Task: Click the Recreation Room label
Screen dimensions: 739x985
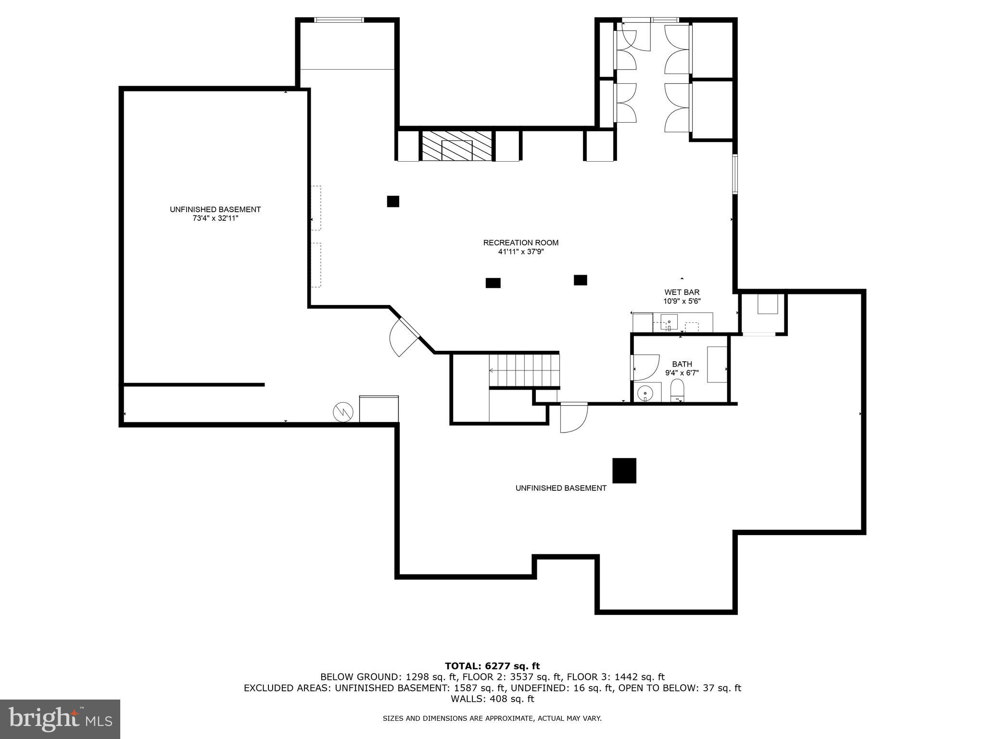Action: (x=520, y=242)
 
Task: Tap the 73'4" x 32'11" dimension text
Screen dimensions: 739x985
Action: (x=215, y=218)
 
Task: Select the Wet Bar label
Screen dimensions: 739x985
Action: (x=682, y=292)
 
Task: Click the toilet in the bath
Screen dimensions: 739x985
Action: (x=677, y=390)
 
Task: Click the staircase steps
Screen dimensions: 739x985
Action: (x=524, y=370)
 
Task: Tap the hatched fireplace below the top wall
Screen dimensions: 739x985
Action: (x=457, y=145)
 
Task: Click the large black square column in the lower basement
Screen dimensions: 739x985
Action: (x=624, y=470)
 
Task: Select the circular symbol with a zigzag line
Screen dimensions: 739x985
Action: (x=343, y=412)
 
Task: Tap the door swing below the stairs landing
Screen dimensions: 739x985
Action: (x=573, y=417)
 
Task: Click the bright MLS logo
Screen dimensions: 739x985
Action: (x=60, y=719)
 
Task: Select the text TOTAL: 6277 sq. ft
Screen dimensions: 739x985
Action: (x=492, y=666)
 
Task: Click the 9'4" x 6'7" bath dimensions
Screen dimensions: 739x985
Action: (x=682, y=372)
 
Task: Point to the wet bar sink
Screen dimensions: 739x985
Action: (x=669, y=321)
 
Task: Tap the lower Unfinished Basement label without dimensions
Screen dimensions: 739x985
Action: (x=560, y=488)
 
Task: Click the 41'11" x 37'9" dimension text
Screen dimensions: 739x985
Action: (x=520, y=252)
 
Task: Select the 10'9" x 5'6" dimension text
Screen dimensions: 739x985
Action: (x=682, y=301)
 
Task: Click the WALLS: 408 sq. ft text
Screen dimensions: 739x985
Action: (x=492, y=699)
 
